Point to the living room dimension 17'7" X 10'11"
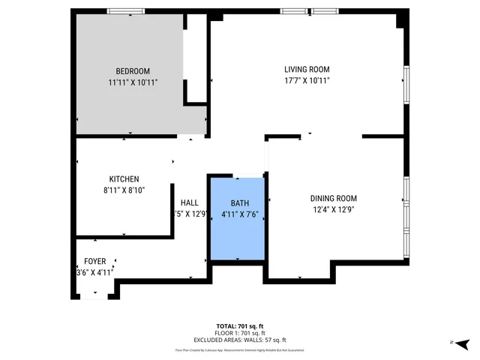306,80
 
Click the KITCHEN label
124,179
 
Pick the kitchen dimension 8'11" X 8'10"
124,190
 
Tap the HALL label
189,202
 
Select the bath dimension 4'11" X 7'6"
239,214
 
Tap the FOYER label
95,261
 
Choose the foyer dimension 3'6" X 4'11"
95,272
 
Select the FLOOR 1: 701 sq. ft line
239,333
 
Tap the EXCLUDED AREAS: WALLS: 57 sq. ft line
239,340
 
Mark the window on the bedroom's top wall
126,10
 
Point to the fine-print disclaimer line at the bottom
239,349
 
